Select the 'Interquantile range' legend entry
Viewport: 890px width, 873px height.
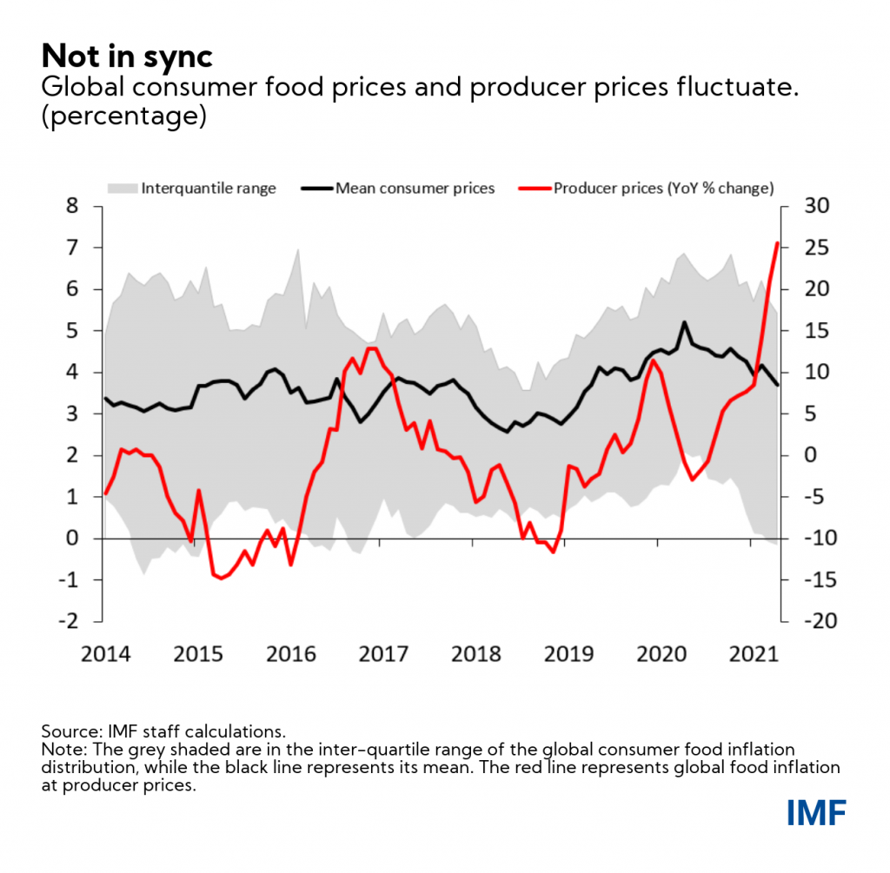coord(209,188)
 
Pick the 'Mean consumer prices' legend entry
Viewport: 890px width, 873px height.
coord(415,188)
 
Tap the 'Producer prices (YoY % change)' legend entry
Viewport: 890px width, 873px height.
coord(663,188)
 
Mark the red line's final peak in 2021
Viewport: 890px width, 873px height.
coord(777,243)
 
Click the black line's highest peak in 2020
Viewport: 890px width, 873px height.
coord(684,322)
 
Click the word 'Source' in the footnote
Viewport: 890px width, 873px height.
coord(64,731)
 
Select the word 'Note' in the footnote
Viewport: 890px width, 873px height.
coord(58,749)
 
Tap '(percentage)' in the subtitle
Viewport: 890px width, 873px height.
coord(123,116)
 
